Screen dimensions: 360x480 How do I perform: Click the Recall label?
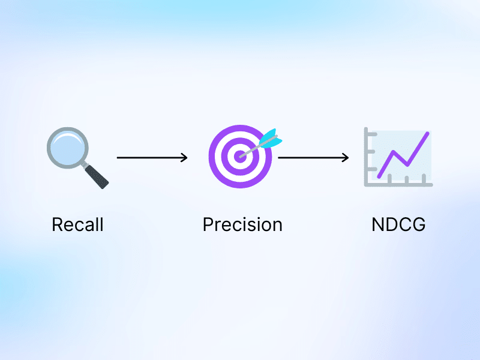click(x=77, y=225)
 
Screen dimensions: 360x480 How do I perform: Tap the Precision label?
click(x=242, y=225)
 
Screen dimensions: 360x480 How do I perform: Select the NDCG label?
click(x=398, y=225)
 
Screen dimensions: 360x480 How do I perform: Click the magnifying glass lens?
click(x=67, y=148)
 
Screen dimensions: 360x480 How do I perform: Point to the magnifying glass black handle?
click(x=97, y=176)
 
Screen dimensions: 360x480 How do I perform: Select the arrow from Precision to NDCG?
click(x=313, y=158)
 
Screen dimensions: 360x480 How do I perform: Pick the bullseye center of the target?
click(x=241, y=156)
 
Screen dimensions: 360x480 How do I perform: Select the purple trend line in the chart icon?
click(x=403, y=154)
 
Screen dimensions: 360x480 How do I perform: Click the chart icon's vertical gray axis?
click(x=367, y=156)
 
